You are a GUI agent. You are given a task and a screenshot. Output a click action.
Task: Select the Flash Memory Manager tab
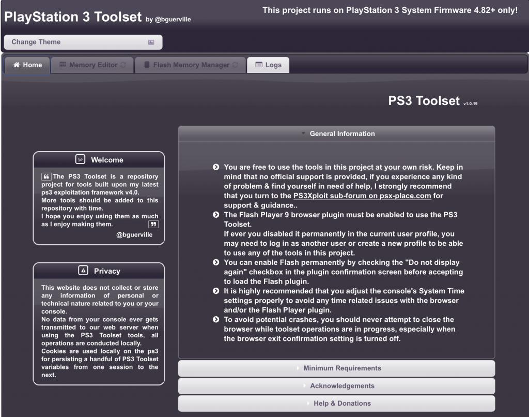click(x=191, y=65)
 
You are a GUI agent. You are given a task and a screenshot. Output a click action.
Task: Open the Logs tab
click(x=268, y=65)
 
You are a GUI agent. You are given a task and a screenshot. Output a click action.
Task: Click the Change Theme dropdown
click(x=83, y=42)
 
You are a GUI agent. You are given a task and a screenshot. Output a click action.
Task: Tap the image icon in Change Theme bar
click(x=151, y=42)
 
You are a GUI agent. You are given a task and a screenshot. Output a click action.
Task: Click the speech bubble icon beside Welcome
click(x=80, y=159)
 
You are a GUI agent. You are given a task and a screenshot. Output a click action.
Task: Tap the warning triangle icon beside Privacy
click(x=83, y=271)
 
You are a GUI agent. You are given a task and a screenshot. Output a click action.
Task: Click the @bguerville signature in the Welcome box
click(x=134, y=234)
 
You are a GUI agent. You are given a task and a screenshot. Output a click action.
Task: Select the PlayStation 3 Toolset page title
click(x=72, y=17)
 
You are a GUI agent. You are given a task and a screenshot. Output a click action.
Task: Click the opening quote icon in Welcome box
click(x=46, y=177)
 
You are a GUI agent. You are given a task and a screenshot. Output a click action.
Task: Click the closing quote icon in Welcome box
click(x=153, y=224)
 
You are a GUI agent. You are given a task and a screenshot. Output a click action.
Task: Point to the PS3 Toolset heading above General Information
click(x=424, y=101)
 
